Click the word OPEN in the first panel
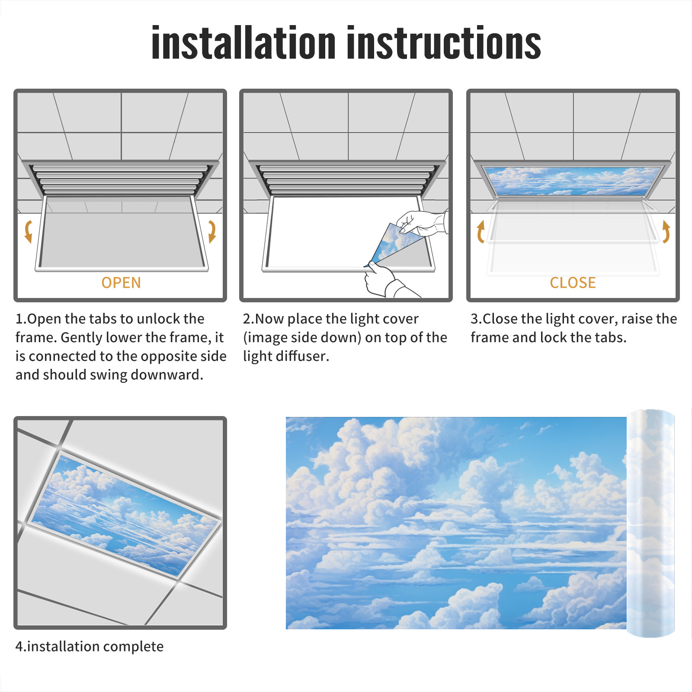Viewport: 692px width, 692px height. [121, 283]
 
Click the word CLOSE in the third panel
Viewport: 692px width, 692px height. [573, 283]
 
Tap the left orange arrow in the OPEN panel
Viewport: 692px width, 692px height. [29, 231]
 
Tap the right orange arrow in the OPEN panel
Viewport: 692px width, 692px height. [212, 231]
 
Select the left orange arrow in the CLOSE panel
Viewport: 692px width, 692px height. [480, 231]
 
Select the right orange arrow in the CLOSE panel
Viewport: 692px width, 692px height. [666, 231]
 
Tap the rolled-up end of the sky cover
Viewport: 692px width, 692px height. [650, 523]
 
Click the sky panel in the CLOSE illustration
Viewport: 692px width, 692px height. [573, 181]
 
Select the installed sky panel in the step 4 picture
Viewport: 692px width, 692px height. [125, 515]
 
